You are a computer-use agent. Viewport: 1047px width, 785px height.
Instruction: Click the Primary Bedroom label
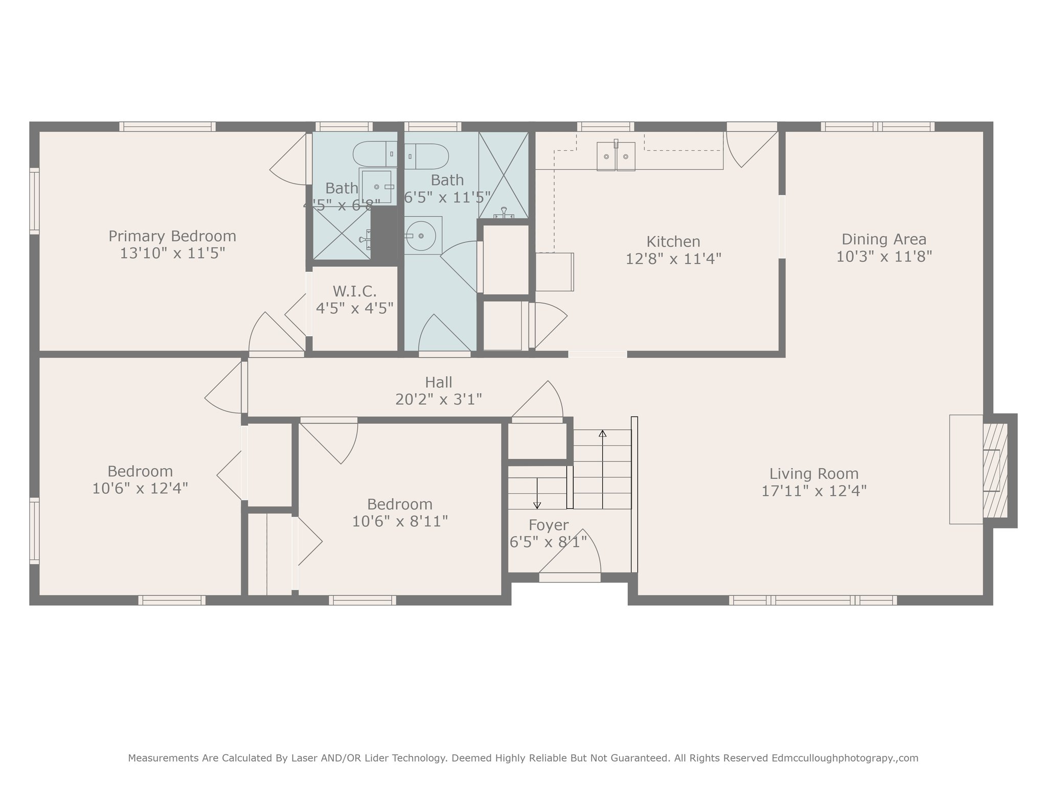(172, 236)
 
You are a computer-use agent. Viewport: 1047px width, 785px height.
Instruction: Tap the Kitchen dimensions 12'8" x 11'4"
(673, 259)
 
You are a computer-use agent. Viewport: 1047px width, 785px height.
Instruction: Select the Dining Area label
(884, 239)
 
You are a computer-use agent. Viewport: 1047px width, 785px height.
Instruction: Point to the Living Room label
(814, 474)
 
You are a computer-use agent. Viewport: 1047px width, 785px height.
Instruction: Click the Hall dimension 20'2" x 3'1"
(439, 399)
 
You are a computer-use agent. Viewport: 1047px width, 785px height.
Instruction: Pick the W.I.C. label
(354, 291)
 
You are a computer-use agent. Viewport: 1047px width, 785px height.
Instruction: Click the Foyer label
(549, 525)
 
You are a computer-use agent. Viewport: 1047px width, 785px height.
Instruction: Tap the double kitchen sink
(616, 156)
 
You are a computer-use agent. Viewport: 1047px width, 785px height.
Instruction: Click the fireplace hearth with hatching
(995, 470)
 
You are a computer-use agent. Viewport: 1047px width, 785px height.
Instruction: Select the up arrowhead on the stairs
(603, 433)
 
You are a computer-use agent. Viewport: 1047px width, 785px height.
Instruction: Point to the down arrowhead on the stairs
(537, 505)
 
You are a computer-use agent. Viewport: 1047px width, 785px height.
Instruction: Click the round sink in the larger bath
(420, 236)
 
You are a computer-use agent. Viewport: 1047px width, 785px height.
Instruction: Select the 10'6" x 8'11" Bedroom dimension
(400, 521)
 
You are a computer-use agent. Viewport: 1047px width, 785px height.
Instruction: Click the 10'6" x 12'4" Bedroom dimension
(140, 488)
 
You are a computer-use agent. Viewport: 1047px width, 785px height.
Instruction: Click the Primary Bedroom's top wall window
(168, 127)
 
